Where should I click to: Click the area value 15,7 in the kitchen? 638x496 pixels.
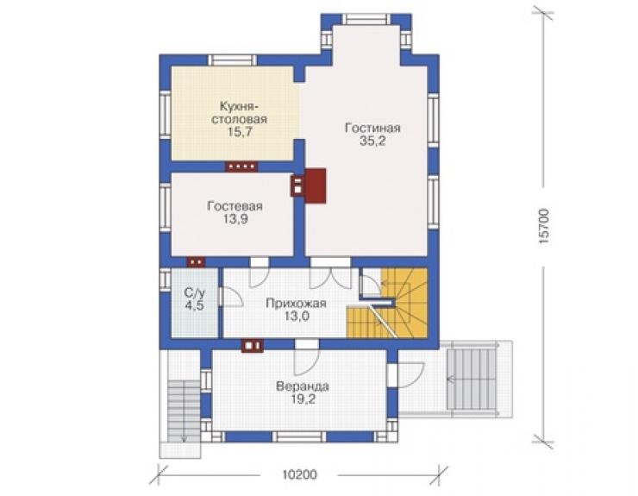pyautogui.click(x=240, y=132)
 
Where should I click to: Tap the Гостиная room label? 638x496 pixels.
pyautogui.click(x=372, y=128)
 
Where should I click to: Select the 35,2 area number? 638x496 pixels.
pyautogui.click(x=372, y=141)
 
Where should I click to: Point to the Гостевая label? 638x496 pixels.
pyautogui.click(x=235, y=206)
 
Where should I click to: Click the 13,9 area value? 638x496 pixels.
pyautogui.click(x=235, y=219)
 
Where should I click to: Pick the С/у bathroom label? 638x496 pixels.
pyautogui.click(x=195, y=292)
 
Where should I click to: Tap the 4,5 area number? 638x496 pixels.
pyautogui.click(x=195, y=305)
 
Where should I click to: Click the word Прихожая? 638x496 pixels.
pyautogui.click(x=297, y=304)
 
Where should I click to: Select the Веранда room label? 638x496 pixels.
pyautogui.click(x=303, y=386)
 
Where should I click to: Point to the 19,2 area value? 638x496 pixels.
pyautogui.click(x=303, y=399)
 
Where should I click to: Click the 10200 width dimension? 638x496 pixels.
pyautogui.click(x=299, y=474)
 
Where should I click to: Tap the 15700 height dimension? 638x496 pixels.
pyautogui.click(x=544, y=226)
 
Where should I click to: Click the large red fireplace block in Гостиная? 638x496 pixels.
pyautogui.click(x=316, y=185)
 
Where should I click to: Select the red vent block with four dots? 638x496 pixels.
pyautogui.click(x=241, y=166)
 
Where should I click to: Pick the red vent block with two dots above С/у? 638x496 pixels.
pyautogui.click(x=196, y=262)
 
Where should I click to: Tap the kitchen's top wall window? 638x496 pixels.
pyautogui.click(x=233, y=60)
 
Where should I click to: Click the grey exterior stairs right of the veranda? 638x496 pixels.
pyautogui.click(x=472, y=380)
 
